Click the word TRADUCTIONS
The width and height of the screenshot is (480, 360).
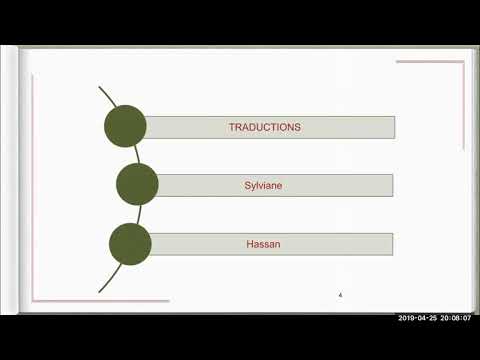tap(265, 127)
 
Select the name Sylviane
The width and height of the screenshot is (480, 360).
tap(265, 185)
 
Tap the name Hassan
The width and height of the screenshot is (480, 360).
tap(265, 243)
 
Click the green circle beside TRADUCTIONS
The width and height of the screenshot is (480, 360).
tap(125, 126)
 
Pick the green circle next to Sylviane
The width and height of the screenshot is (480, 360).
tap(137, 184)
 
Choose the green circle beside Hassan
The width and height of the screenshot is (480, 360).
tap(129, 244)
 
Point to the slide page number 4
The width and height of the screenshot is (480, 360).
tap(341, 295)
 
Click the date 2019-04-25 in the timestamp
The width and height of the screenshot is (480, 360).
tap(419, 318)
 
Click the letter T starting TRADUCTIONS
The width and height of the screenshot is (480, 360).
tap(231, 127)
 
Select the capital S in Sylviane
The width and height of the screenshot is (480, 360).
tap(247, 185)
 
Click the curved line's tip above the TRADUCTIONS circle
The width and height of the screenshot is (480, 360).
tap(100, 88)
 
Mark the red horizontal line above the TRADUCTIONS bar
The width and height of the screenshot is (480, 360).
tap(429, 62)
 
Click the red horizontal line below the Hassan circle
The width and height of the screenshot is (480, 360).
tap(100, 301)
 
